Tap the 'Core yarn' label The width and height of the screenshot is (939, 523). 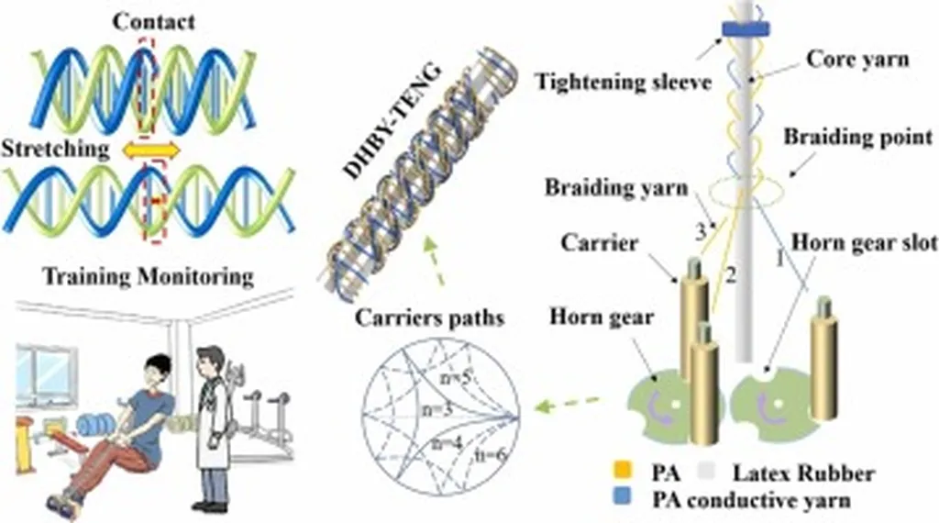857,59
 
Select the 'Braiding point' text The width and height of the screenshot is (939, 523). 857,138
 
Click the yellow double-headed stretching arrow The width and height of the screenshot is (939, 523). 150,149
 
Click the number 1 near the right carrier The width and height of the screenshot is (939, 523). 780,260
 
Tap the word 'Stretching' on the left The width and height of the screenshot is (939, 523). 53,148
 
